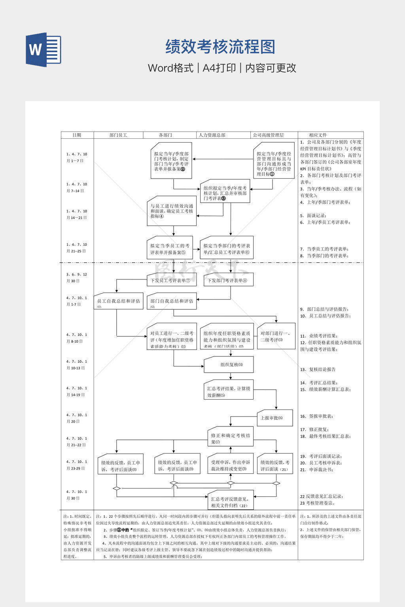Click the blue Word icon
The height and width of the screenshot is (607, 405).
click(x=44, y=49)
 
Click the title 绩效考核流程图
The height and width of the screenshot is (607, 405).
click(x=220, y=47)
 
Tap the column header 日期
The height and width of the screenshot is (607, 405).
click(x=77, y=135)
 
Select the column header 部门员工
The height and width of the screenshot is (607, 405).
click(x=118, y=135)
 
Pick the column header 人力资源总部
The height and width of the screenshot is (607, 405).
click(x=212, y=135)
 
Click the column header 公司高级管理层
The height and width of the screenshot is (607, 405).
click(x=268, y=135)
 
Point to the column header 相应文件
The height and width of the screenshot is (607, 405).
click(x=318, y=135)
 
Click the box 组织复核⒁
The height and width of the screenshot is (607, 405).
click(x=229, y=365)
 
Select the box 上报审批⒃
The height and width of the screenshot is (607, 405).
click(x=274, y=418)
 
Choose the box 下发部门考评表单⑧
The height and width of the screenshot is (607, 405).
click(x=229, y=280)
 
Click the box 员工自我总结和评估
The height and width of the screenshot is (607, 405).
click(x=118, y=302)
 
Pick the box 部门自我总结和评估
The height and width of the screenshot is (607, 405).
click(x=172, y=302)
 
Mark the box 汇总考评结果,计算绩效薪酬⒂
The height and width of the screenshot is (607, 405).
click(x=229, y=391)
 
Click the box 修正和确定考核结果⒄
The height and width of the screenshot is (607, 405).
click(x=231, y=438)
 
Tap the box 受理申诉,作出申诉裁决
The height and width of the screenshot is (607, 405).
click(x=231, y=465)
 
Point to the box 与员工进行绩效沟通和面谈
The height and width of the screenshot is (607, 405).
click(x=172, y=211)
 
